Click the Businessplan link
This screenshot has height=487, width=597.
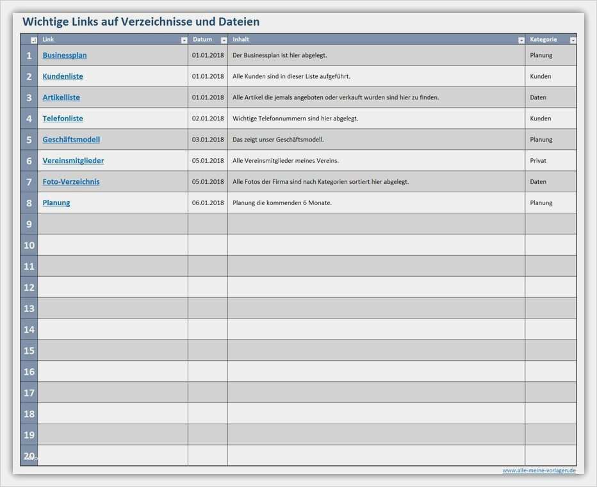coord(65,55)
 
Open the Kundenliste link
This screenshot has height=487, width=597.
coord(63,76)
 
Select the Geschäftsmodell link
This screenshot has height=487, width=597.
coord(71,140)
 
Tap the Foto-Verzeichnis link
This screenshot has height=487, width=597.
coord(71,182)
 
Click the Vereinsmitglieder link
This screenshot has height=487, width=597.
coord(73,161)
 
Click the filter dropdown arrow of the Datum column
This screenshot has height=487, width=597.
coord(224,40)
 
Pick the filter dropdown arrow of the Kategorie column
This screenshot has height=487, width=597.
coord(573,40)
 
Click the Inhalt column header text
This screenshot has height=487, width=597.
coord(241,40)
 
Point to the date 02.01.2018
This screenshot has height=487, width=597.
coord(208,119)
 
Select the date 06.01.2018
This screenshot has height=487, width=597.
coord(208,203)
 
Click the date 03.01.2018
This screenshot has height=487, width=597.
coord(208,140)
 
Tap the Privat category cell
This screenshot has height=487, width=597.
coord(538,161)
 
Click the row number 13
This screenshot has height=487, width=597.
coord(29,309)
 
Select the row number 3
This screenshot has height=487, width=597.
coord(29,97)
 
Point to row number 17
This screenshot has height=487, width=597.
coord(29,393)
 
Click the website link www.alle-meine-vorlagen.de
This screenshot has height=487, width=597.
coord(539,470)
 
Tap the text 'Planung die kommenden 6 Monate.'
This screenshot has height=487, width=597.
coord(282,203)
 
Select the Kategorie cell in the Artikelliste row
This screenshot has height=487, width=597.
coord(538,97)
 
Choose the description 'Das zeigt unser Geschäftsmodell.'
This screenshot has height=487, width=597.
coord(278,140)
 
